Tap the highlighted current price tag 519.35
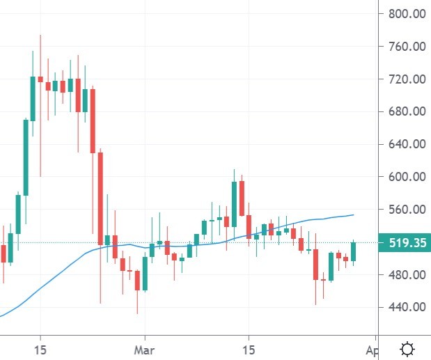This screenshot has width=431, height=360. point(405,243)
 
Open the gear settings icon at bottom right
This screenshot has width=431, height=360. point(408,347)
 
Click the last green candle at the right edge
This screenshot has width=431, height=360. point(353,251)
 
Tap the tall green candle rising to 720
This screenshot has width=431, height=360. point(33,98)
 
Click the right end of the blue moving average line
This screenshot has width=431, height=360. point(353,215)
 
